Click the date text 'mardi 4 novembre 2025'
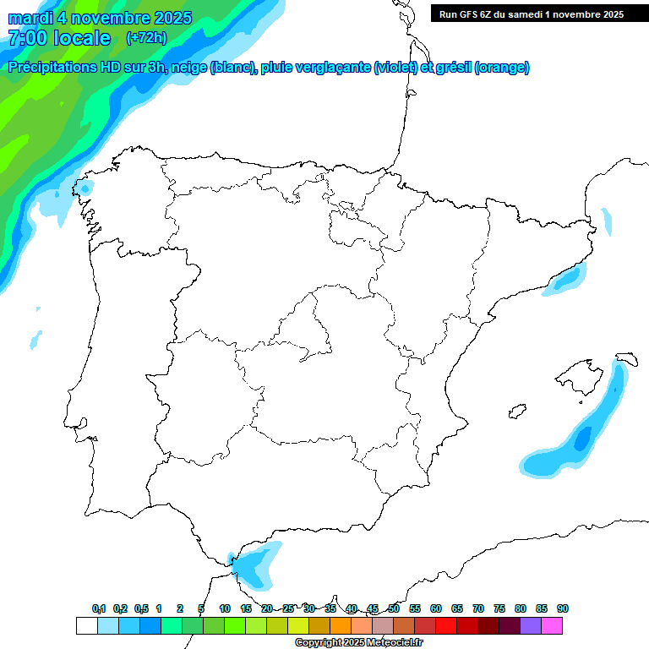coord(100,18)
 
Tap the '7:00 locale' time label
coord(58,37)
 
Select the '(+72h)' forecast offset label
coord(146,37)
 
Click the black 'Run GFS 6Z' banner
coord(531,14)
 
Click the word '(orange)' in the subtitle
coord(502,68)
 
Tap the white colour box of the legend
coord(86,625)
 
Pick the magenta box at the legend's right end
coord(551,625)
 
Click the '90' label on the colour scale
coord(562,608)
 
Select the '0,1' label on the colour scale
coord(99,608)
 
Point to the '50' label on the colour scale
coord(394,608)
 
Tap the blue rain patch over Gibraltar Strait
coord(256,564)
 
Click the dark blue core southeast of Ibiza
coord(581,439)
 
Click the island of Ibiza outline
coord(515,412)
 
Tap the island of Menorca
coord(627,358)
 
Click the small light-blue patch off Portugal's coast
coord(35,340)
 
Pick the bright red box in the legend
coord(445,625)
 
